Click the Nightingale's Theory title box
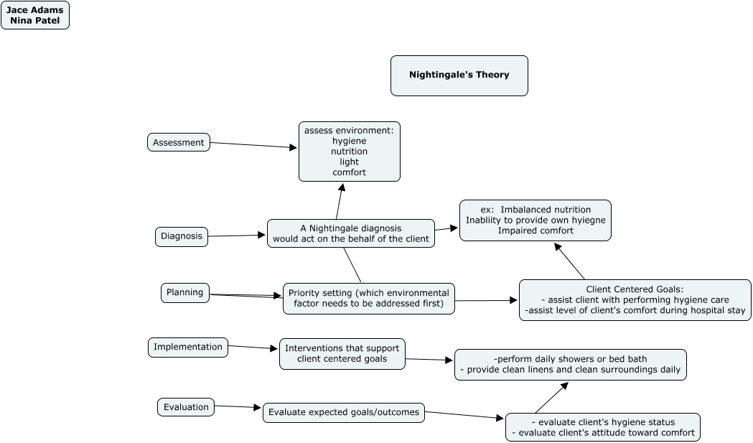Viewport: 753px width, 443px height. pyautogui.click(x=459, y=75)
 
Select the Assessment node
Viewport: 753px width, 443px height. pyautogui.click(x=179, y=142)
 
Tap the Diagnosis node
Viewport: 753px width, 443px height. pyautogui.click(x=182, y=236)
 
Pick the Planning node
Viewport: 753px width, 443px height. pyautogui.click(x=185, y=292)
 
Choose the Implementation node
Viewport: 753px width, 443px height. pyautogui.click(x=188, y=347)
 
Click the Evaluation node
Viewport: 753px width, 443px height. pyautogui.click(x=186, y=407)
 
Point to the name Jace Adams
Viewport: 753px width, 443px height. pyautogui.click(x=34, y=10)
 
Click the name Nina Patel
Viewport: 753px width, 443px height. pyautogui.click(x=34, y=21)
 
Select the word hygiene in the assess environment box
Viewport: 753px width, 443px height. pyautogui.click(x=349, y=141)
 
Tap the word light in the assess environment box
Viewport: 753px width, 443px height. pyautogui.click(x=349, y=162)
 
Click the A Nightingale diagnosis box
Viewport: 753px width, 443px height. pyautogui.click(x=351, y=233)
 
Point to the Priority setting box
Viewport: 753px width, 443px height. pyautogui.click(x=369, y=299)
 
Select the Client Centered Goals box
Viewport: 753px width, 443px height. pyautogui.click(x=635, y=300)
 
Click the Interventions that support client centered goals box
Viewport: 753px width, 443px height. pyautogui.click(x=342, y=353)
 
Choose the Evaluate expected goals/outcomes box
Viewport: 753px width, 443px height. pyautogui.click(x=343, y=412)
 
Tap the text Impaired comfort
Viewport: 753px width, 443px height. pyautogui.click(x=535, y=230)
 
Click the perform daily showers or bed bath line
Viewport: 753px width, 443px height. pyautogui.click(x=571, y=358)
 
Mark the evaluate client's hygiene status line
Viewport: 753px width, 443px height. pyautogui.click(x=603, y=421)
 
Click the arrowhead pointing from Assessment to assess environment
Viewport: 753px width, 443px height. pyautogui.click(x=293, y=148)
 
